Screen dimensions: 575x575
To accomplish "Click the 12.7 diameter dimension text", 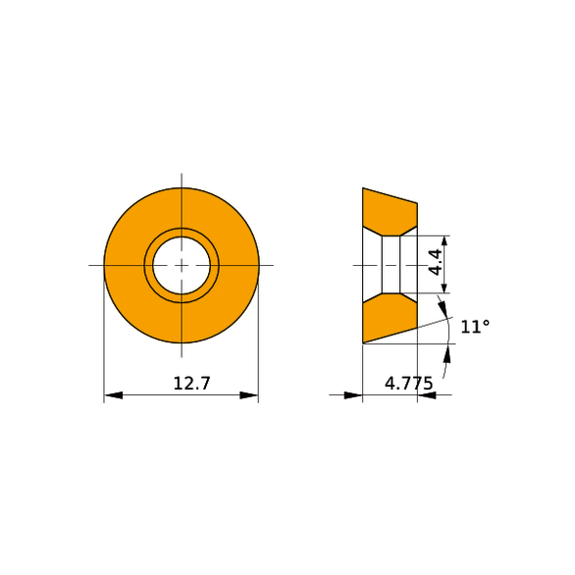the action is pos(191,384).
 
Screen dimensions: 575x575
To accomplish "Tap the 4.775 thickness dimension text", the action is pos(409,384).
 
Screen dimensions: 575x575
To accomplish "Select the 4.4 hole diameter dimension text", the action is pos(436,262).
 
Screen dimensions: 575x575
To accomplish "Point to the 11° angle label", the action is pos(475,327).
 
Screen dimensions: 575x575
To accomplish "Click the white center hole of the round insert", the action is pos(182,265).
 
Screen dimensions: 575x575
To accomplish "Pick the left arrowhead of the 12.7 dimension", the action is pos(113,395).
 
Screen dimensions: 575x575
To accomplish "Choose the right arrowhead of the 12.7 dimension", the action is pos(249,395).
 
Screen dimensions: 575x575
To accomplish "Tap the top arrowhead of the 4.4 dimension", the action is pos(444,244).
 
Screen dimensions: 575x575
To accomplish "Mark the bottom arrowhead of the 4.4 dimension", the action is pos(444,285).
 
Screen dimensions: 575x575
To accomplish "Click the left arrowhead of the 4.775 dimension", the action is pos(353,395).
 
